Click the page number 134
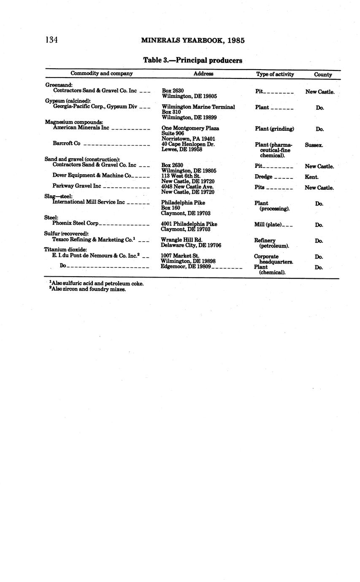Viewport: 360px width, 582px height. (x=51, y=40)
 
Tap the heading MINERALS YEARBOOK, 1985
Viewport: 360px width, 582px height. (x=193, y=41)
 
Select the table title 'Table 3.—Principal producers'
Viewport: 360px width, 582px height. (x=192, y=60)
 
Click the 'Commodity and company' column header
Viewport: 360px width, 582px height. (x=101, y=73)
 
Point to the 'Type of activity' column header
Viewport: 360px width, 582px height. (x=275, y=74)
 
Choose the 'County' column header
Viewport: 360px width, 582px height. (x=323, y=75)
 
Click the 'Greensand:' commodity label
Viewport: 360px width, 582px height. (x=59, y=85)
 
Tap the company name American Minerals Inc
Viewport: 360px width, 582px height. (x=81, y=127)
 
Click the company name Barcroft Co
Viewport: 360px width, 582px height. (x=66, y=143)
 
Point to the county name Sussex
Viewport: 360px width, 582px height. (x=314, y=145)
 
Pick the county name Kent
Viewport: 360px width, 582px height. (x=311, y=177)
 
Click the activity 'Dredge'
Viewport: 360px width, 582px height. (x=263, y=177)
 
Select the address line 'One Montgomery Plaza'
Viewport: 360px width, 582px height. (x=190, y=128)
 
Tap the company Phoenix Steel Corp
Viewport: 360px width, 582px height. (x=75, y=223)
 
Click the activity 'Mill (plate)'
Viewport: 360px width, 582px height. (x=268, y=225)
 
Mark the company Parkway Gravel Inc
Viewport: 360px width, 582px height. (x=77, y=186)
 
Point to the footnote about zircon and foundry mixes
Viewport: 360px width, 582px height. (x=88, y=289)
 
